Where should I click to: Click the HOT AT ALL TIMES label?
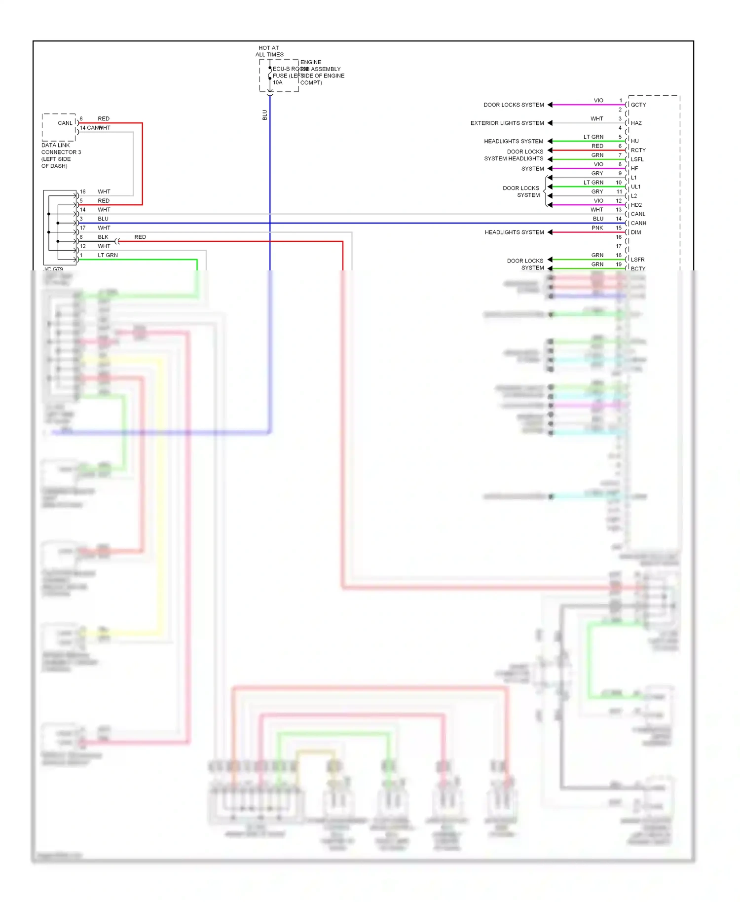pyautogui.click(x=269, y=51)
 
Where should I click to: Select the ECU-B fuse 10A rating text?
pyautogui.click(x=278, y=82)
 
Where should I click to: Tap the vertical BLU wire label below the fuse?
pyautogui.click(x=265, y=115)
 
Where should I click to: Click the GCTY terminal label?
pyautogui.click(x=638, y=105)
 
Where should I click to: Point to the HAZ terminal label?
pyautogui.click(x=636, y=123)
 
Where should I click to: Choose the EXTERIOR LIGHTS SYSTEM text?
pyautogui.click(x=507, y=123)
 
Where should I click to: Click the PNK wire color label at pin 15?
pyautogui.click(x=597, y=228)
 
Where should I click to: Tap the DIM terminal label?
pyautogui.click(x=636, y=232)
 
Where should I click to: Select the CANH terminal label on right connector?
pyautogui.click(x=638, y=224)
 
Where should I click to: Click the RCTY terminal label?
pyautogui.click(x=638, y=150)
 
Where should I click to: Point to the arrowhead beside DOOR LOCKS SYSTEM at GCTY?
pyautogui.click(x=550, y=105)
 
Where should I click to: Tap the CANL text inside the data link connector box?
pyautogui.click(x=65, y=123)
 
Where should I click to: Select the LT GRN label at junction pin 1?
pyautogui.click(x=108, y=256)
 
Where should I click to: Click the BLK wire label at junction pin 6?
pyautogui.click(x=103, y=237)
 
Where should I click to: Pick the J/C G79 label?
pyautogui.click(x=53, y=269)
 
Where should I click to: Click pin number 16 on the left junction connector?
pyautogui.click(x=82, y=192)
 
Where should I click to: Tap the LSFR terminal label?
pyautogui.click(x=637, y=260)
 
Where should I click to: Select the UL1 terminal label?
pyautogui.click(x=635, y=187)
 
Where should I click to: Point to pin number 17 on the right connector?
pyautogui.click(x=618, y=246)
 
